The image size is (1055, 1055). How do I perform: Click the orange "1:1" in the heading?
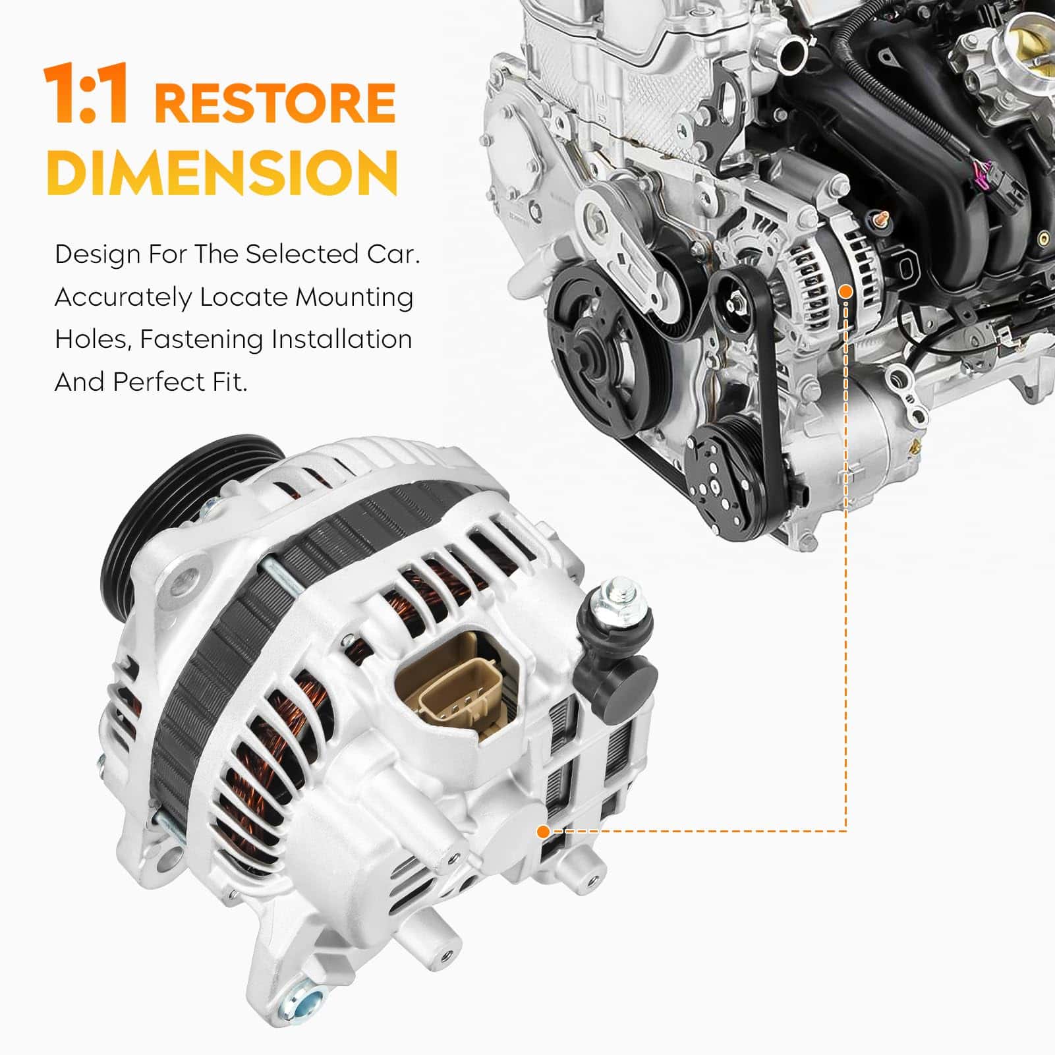(x=86, y=94)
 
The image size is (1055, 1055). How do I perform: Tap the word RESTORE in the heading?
(x=275, y=102)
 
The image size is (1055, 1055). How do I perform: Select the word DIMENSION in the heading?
(x=222, y=172)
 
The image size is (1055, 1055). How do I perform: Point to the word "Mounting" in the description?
(x=354, y=298)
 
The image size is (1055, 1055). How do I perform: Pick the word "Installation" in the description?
(x=341, y=340)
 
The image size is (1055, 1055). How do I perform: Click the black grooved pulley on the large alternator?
(x=191, y=501)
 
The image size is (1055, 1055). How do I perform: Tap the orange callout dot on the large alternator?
(x=543, y=832)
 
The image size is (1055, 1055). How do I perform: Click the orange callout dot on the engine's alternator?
(x=847, y=291)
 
